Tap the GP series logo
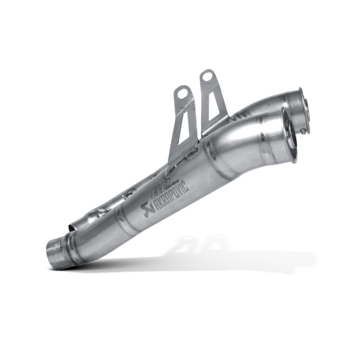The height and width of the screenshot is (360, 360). click(159, 184)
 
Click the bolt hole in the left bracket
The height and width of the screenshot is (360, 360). click(182, 93)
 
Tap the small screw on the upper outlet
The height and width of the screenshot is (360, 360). click(303, 131)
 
